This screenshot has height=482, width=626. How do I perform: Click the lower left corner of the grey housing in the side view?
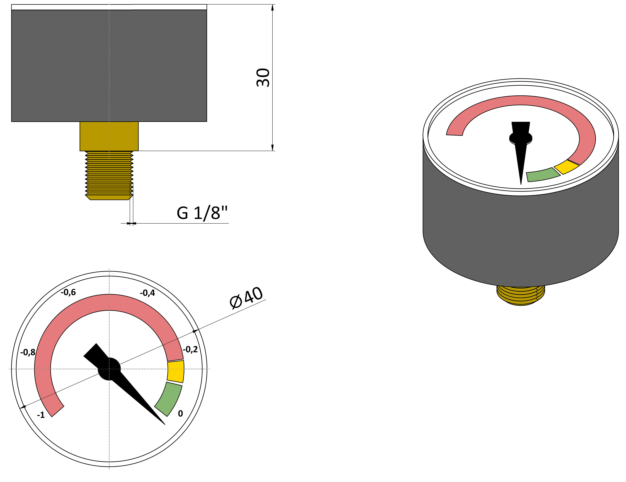tap(12, 121)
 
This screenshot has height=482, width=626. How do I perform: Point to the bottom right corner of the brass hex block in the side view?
tap(138, 151)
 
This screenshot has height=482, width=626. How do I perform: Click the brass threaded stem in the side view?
tap(109, 175)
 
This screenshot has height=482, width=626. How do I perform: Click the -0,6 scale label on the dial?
tap(68, 292)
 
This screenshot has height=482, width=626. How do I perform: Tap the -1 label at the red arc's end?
tap(41, 415)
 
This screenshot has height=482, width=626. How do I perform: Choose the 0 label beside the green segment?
tap(181, 414)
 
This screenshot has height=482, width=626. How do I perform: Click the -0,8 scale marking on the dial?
tap(28, 352)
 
